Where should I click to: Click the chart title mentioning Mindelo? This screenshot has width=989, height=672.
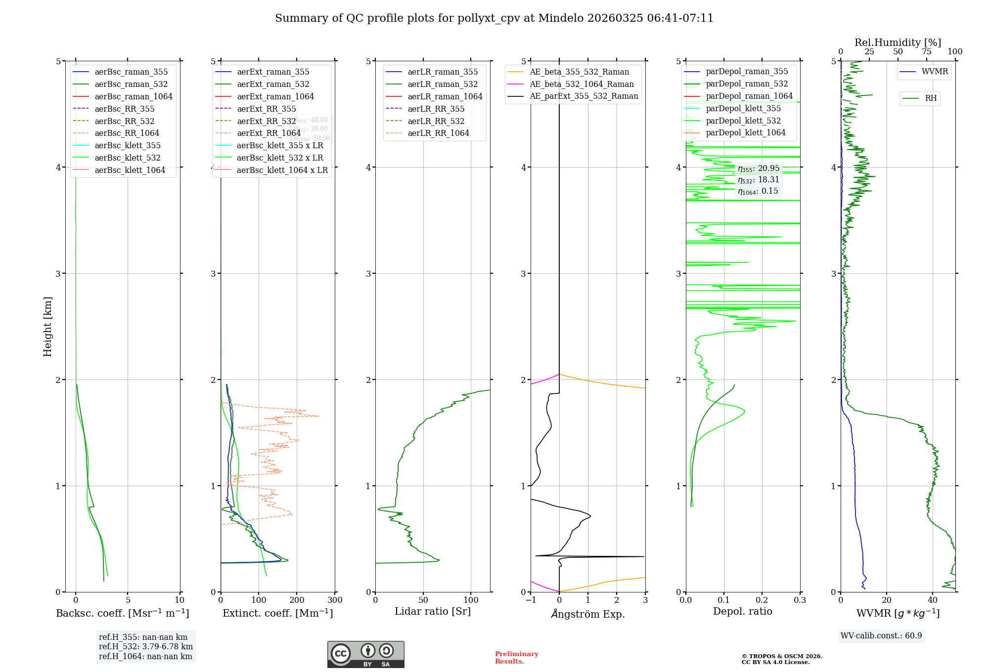494,18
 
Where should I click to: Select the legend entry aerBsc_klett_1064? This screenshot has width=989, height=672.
130,170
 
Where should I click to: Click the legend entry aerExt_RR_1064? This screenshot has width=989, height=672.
269,133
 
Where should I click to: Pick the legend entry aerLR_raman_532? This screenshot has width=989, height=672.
443,84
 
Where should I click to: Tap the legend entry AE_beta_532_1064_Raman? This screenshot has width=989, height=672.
582,84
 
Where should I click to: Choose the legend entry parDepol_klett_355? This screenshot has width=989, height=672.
743,108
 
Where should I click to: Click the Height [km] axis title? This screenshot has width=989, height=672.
47,327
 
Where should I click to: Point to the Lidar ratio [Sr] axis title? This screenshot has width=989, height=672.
433,612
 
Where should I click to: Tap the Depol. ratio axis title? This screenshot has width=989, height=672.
742,612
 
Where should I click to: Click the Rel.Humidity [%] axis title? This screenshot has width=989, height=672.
898,42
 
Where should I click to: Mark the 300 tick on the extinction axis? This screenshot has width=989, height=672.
335,600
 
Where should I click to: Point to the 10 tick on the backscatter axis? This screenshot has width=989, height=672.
180,600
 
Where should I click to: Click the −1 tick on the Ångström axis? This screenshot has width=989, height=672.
531,600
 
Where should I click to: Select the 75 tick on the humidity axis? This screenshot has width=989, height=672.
926,52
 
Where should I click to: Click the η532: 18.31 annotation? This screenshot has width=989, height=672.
758,180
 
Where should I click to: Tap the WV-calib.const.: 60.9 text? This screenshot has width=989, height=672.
881,636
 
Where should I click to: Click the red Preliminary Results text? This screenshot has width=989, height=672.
516,658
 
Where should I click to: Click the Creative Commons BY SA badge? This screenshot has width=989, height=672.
365,655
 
